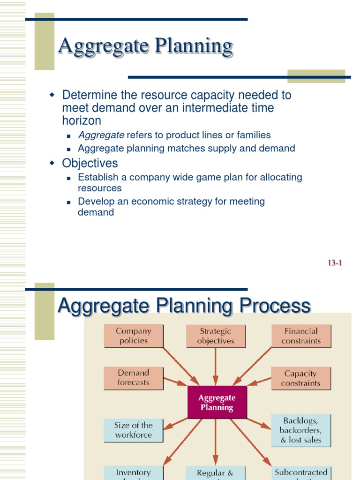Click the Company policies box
coord(134,336)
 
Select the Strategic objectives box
coord(216,336)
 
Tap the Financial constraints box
coord(301,336)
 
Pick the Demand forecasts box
coord(134,378)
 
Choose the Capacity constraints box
coord(300,378)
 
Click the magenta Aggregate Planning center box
coord(217,403)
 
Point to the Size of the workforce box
coord(134,430)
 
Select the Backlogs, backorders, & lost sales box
coord(301,430)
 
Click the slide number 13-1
coord(335,263)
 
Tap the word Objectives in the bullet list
coord(90,163)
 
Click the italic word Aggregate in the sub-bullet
coord(101,135)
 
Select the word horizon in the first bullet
coord(82,120)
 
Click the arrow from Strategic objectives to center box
coord(216,367)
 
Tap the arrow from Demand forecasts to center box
coord(175,381)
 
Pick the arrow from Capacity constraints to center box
coord(259,381)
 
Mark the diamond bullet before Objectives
coord(52,163)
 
